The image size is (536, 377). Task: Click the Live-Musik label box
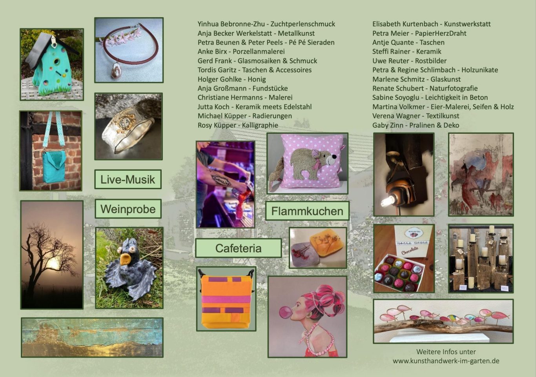coord(128,179)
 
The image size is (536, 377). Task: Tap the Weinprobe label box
coord(128,209)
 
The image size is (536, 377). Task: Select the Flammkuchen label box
coord(307,211)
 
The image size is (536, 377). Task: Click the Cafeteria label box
coord(238,248)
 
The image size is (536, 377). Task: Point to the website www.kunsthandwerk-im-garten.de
coord(446,361)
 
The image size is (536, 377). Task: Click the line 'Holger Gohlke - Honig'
coord(232,79)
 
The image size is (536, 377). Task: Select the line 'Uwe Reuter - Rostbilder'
coord(409,61)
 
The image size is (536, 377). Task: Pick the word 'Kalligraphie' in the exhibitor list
coord(260,125)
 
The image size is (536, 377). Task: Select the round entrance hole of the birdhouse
coord(57,62)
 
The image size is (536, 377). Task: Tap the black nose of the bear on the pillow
coord(334,157)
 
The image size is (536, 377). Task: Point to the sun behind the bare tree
coord(53,264)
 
